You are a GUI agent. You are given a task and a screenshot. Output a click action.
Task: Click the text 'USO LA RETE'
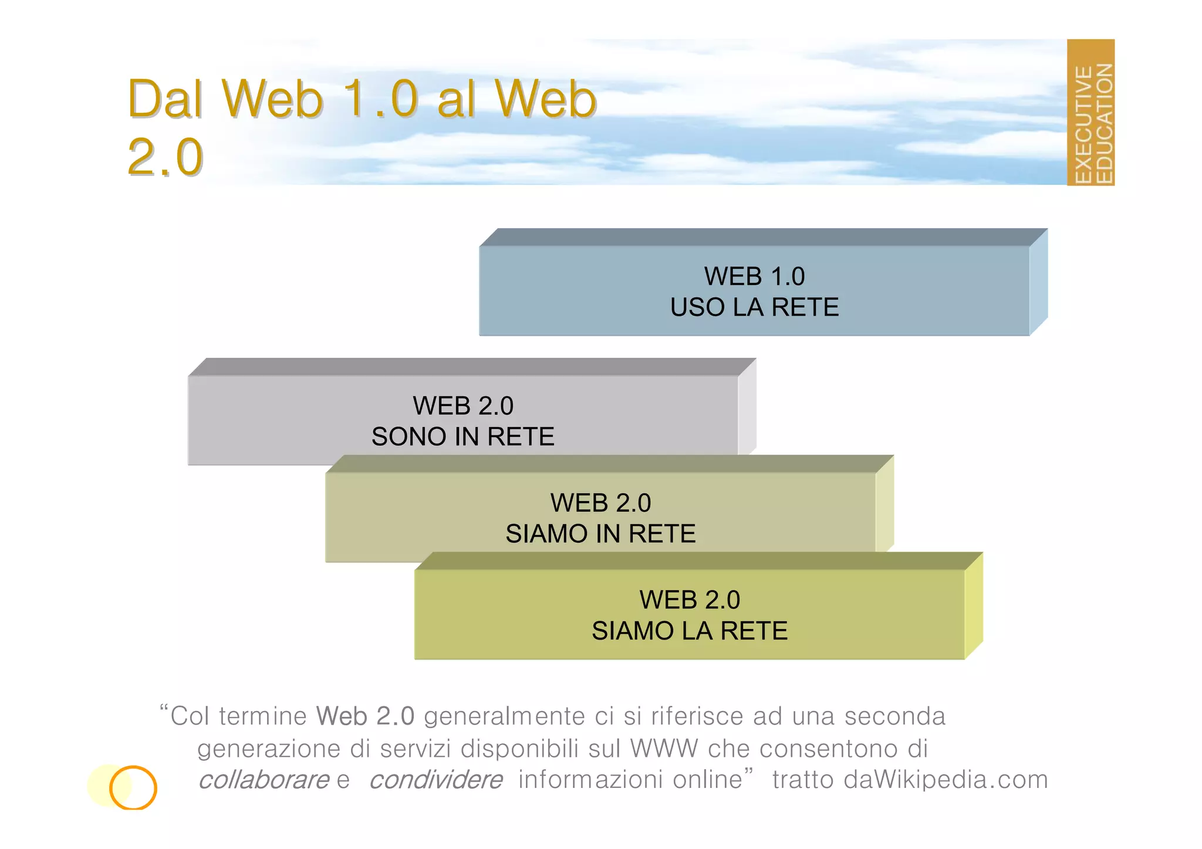(x=754, y=307)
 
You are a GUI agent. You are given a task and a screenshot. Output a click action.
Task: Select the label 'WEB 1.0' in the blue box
(x=754, y=276)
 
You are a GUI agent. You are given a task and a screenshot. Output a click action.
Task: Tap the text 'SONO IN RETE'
(x=462, y=437)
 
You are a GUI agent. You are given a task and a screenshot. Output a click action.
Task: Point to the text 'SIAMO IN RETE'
(x=600, y=534)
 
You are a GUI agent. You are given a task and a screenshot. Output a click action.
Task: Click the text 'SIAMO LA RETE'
(x=690, y=631)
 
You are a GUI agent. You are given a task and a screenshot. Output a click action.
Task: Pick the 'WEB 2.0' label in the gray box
(x=462, y=406)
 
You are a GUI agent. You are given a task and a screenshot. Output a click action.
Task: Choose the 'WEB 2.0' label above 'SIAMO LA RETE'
(x=690, y=600)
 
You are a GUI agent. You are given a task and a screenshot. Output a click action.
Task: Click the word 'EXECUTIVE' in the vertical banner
(x=1083, y=124)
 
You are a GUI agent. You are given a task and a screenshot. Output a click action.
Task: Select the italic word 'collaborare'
(x=264, y=780)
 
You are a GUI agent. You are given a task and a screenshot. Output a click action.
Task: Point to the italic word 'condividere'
(x=435, y=780)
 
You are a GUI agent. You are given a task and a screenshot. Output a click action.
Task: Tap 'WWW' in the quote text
(x=664, y=749)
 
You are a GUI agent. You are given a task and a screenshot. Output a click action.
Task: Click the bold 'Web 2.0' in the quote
(x=365, y=716)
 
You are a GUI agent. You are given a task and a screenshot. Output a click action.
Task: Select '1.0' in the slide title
(x=380, y=99)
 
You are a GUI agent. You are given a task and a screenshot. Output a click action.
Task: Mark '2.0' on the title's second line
(x=165, y=157)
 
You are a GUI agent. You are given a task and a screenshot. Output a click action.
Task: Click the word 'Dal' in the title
(x=166, y=99)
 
